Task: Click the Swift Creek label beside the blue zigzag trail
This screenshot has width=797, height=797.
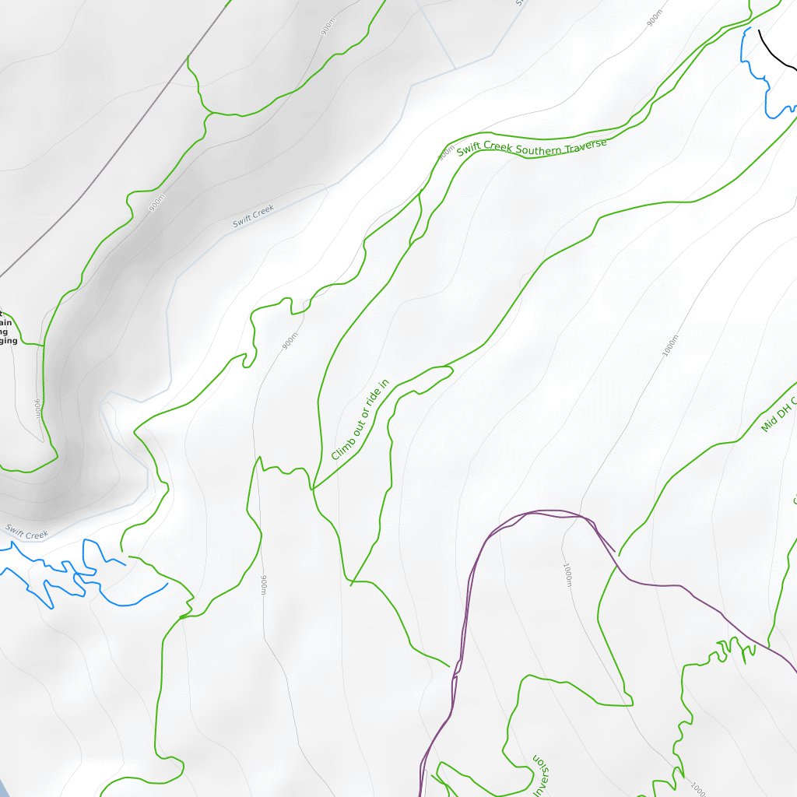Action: pos(26,533)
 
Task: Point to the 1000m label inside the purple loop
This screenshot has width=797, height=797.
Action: pos(567,575)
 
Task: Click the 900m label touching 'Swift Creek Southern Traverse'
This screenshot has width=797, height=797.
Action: pos(445,153)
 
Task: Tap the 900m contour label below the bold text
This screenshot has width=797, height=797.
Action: pos(37,409)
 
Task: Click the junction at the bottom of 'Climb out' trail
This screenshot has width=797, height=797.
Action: pos(313,489)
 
